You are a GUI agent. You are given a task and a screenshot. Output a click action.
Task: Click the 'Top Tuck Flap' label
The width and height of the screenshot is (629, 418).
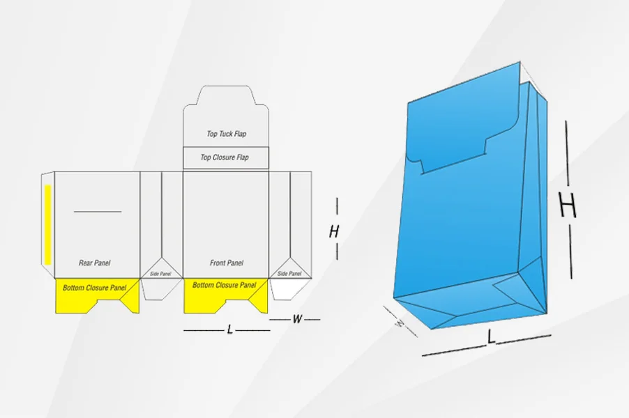[x=226, y=134]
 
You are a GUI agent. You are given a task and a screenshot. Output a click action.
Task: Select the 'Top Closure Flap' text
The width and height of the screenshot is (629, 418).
[x=225, y=157]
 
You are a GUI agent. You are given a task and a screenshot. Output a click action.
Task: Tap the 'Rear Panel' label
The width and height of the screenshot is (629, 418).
[x=94, y=263]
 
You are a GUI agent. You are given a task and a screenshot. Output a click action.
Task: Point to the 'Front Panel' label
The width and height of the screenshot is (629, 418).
[x=226, y=263]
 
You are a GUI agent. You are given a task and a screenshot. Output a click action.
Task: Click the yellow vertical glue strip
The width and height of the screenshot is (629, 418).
[x=47, y=224]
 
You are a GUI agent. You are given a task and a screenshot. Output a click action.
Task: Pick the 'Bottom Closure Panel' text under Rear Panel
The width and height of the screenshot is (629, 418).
[x=94, y=288]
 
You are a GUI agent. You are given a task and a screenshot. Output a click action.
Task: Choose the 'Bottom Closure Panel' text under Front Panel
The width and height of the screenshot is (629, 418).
[x=224, y=285]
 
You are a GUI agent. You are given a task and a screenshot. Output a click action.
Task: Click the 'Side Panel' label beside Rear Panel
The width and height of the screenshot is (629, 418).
[x=160, y=274]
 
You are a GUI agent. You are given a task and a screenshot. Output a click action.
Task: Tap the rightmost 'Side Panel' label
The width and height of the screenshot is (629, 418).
[x=289, y=273]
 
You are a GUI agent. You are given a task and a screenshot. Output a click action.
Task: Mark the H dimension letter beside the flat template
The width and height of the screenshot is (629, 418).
[x=334, y=232]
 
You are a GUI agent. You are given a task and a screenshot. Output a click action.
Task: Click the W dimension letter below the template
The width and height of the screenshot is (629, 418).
[x=297, y=319]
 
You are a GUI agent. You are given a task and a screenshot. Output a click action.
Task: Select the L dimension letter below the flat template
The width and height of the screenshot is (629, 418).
[x=229, y=330]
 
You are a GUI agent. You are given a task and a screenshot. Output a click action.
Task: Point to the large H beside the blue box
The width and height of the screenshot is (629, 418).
[x=568, y=205]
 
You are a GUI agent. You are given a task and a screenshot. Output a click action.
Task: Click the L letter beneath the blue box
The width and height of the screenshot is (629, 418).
[x=491, y=336]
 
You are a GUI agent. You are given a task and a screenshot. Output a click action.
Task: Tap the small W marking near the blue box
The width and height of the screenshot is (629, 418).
[x=400, y=323]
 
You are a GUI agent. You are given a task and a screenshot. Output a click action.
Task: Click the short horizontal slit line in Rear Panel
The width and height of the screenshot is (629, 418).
[x=98, y=212]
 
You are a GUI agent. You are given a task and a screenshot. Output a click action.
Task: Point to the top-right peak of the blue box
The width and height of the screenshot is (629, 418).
[x=520, y=62]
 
